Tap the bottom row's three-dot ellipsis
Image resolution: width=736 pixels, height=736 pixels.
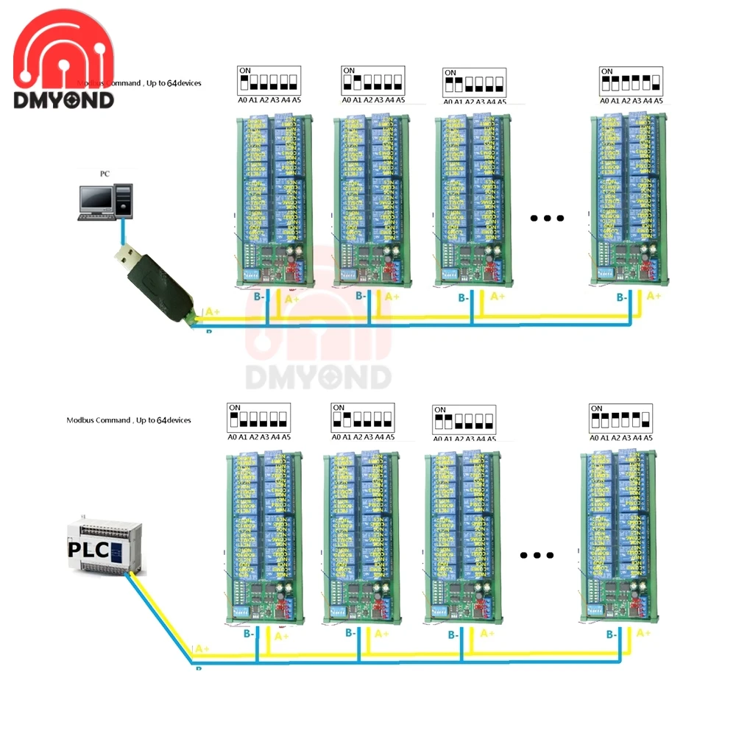(x=537, y=556)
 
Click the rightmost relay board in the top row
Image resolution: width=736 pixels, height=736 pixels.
(x=630, y=199)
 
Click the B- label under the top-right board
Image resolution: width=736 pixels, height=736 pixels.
(x=622, y=297)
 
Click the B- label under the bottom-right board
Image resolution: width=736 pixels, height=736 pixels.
(x=612, y=634)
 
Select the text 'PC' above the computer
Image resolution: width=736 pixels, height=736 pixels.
(x=105, y=174)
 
